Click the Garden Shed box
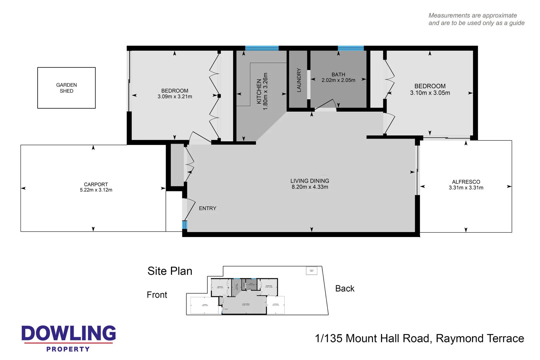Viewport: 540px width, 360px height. click(66, 88)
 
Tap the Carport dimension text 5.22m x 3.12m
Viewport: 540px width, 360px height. click(96, 190)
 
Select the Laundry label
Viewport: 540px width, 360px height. click(299, 80)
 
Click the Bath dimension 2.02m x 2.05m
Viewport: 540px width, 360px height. click(338, 80)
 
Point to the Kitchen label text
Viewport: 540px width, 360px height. click(259, 91)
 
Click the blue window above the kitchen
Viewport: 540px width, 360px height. click(262, 48)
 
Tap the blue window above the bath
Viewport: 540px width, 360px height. click(351, 48)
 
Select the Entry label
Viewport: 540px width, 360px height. click(207, 208)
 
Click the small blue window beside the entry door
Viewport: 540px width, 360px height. click(184, 225)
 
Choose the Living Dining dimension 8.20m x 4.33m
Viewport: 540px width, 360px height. click(310, 187)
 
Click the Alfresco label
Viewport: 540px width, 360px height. click(466, 182)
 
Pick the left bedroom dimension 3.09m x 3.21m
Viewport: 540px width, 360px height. click(175, 97)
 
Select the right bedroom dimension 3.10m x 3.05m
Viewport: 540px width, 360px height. click(430, 93)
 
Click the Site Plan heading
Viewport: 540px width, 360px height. click(170, 271)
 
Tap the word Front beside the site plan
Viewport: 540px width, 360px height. click(157, 295)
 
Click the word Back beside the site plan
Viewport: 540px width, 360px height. click(345, 289)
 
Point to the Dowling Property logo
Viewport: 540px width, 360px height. click(69, 338)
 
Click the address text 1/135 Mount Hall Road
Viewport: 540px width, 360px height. click(419, 338)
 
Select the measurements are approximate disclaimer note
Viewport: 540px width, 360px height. click(476, 19)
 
